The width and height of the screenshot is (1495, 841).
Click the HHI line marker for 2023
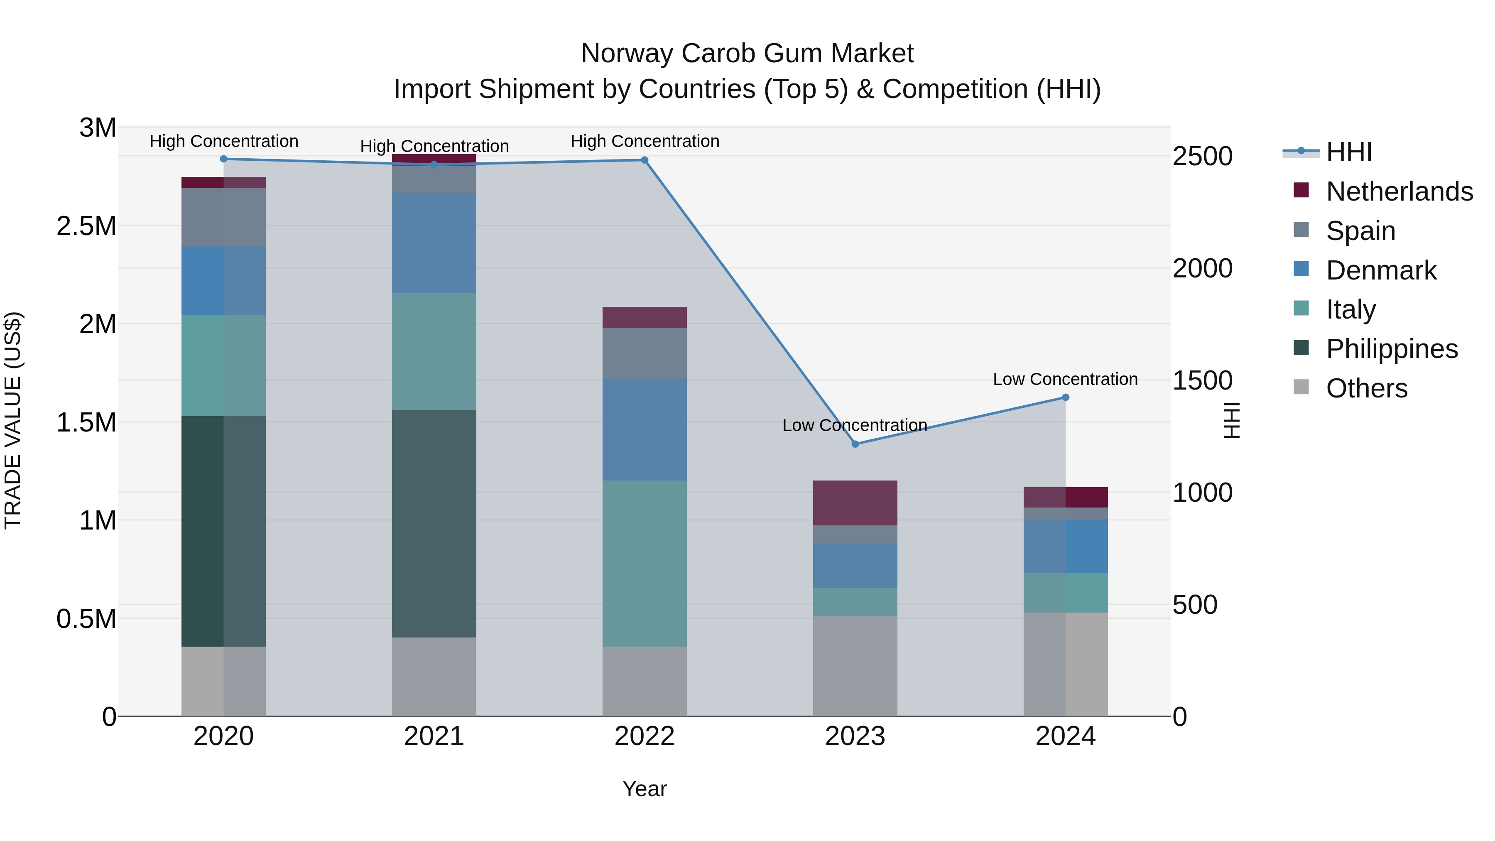click(x=855, y=444)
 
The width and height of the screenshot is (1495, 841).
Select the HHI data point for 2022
click(x=644, y=160)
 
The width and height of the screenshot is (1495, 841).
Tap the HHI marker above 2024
click(x=1066, y=397)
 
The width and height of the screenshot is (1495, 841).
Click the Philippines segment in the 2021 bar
click(x=434, y=524)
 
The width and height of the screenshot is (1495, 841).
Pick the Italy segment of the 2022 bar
click(x=644, y=563)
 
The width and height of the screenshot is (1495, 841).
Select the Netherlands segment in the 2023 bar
click(x=855, y=503)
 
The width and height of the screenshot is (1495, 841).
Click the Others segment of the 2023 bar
click(x=855, y=666)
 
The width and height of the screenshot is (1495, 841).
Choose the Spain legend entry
click(x=1360, y=231)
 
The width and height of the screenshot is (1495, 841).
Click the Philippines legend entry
click(x=1392, y=349)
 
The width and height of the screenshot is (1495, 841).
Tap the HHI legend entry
click(x=1349, y=152)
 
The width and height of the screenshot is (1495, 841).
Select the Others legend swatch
click(x=1301, y=387)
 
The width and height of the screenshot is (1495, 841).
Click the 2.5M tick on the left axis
click(x=86, y=226)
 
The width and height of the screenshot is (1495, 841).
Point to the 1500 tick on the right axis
click(x=1203, y=381)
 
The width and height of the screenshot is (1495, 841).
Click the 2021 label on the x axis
click(x=434, y=736)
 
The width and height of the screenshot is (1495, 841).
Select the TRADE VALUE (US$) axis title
click(x=13, y=420)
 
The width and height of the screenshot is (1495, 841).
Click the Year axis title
click(x=644, y=789)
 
